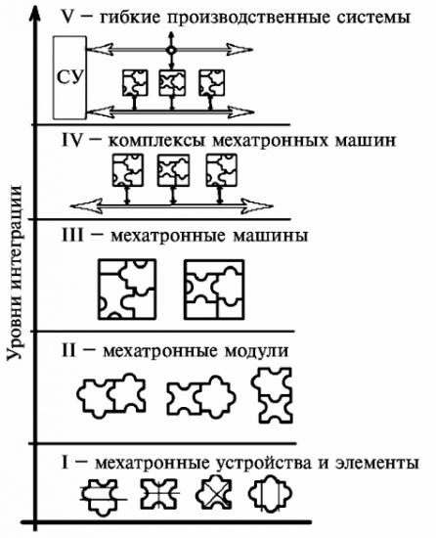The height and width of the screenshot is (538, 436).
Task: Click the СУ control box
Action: pos(69,77)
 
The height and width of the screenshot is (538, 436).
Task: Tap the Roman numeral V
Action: pos(68,16)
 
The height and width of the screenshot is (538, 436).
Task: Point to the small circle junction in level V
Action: pos(171,50)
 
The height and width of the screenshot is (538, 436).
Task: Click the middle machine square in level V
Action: pos(172,83)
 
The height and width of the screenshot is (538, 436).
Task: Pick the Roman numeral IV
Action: pos(72,140)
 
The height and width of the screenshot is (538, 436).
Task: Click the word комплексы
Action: pos(157,141)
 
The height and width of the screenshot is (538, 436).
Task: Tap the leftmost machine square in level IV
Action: pos(128,170)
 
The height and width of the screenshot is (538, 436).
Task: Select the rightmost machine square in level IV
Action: pos(222,170)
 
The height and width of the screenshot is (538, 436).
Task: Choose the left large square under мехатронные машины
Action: pos(127,290)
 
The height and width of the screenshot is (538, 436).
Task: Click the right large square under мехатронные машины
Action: pos(214,290)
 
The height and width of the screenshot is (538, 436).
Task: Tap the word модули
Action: pos(257,351)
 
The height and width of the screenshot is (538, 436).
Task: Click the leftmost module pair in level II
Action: pos(111,395)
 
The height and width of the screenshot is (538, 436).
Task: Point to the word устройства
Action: pos(265,464)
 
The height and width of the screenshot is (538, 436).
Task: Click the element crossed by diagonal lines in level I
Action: pos(215,494)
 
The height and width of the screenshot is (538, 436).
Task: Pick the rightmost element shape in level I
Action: pos(271,494)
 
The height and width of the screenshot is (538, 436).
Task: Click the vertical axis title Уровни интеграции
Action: pos(16,273)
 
